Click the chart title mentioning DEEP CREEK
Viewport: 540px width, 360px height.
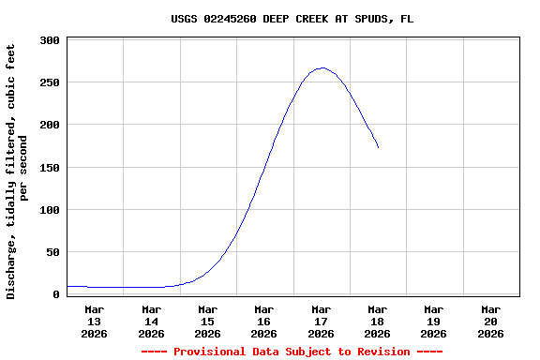tap(292, 19)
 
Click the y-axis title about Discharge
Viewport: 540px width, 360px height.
tap(18, 172)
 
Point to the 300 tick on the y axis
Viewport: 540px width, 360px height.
tap(51, 40)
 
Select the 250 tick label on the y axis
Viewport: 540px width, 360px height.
tap(51, 82)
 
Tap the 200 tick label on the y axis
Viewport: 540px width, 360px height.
tap(51, 125)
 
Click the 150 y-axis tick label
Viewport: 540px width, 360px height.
tap(51, 168)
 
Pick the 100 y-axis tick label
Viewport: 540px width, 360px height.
tap(51, 210)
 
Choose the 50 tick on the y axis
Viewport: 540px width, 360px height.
tap(54, 252)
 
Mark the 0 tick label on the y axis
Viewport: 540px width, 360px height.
tap(57, 294)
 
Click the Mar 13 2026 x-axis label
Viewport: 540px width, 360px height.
tap(95, 321)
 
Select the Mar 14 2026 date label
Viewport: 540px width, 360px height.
tap(151, 321)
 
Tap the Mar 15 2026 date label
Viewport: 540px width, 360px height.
tap(207, 321)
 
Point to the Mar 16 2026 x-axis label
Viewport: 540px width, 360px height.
tap(263, 321)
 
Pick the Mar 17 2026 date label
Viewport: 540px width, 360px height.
tap(321, 321)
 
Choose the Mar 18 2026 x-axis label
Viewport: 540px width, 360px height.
tap(377, 321)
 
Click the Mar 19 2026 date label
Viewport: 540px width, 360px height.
tap(433, 321)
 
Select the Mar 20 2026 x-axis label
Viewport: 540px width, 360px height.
tap(490, 321)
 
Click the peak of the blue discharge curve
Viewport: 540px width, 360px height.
tap(322, 67)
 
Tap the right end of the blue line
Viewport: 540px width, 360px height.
tap(378, 147)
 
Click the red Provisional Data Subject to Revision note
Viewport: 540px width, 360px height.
tap(292, 352)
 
